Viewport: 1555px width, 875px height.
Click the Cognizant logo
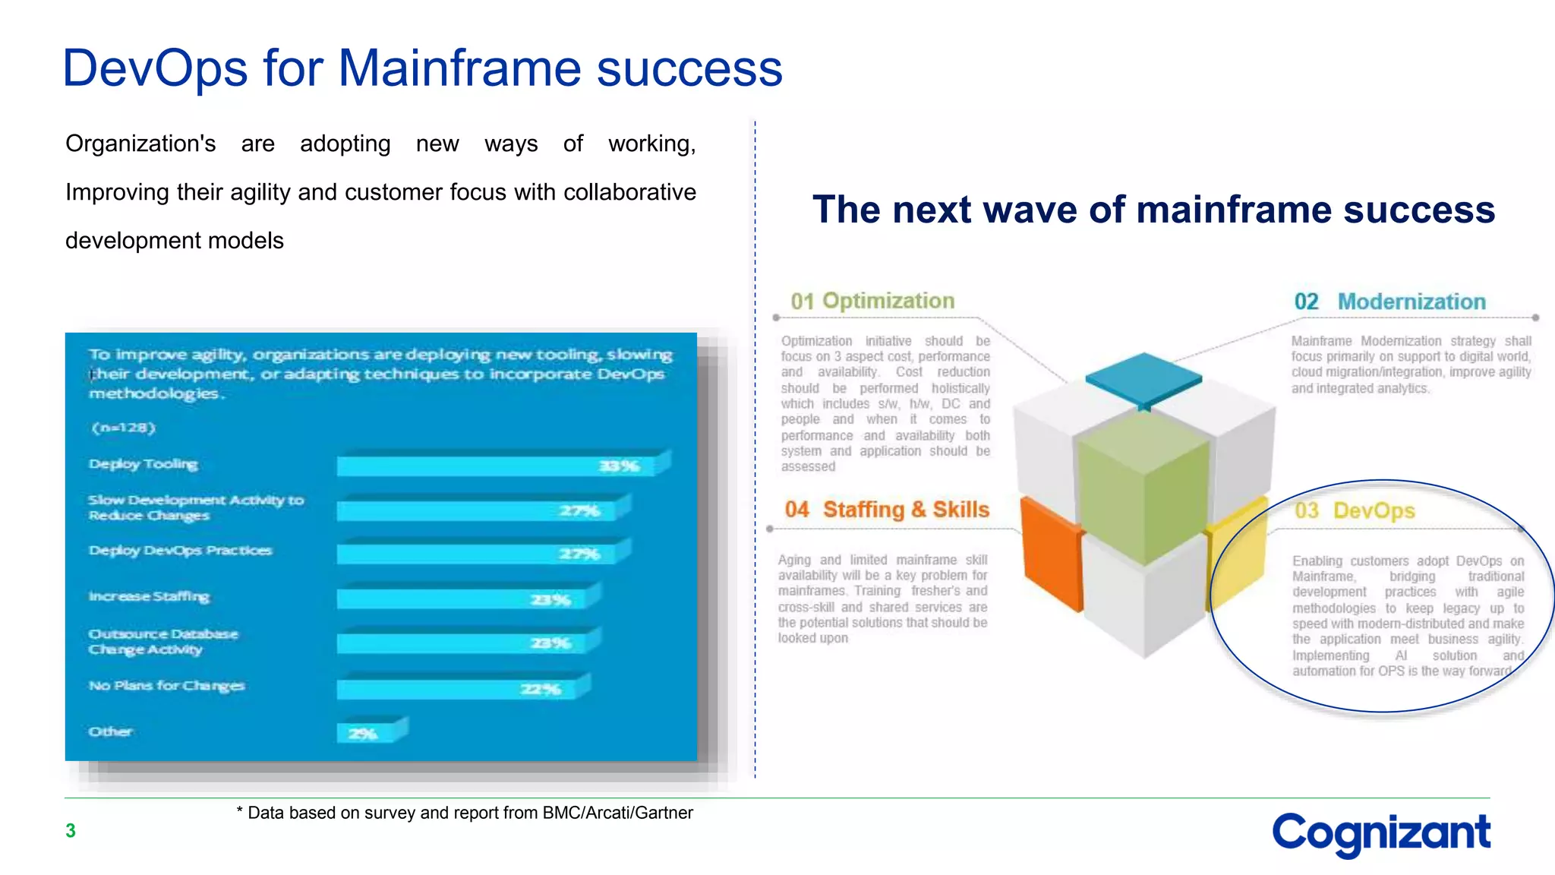[x=1380, y=833]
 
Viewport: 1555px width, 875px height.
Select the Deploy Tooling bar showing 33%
[x=501, y=465]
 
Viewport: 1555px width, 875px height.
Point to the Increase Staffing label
[x=149, y=596]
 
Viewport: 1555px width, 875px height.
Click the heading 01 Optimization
[x=872, y=301]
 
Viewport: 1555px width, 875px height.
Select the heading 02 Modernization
[x=1389, y=302]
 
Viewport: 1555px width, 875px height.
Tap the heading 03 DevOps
[x=1355, y=510]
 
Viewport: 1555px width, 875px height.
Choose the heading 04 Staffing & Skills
[x=887, y=509]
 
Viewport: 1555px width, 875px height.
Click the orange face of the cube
[x=1051, y=554]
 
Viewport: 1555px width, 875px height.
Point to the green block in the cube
[x=1143, y=486]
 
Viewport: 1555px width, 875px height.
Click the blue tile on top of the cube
[x=1143, y=378]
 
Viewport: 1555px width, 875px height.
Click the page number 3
[x=71, y=831]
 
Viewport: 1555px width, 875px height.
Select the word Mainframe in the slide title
[x=459, y=68]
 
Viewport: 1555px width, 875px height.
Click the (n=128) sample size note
[x=123, y=428]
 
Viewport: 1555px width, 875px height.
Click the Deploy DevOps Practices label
[x=180, y=551]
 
